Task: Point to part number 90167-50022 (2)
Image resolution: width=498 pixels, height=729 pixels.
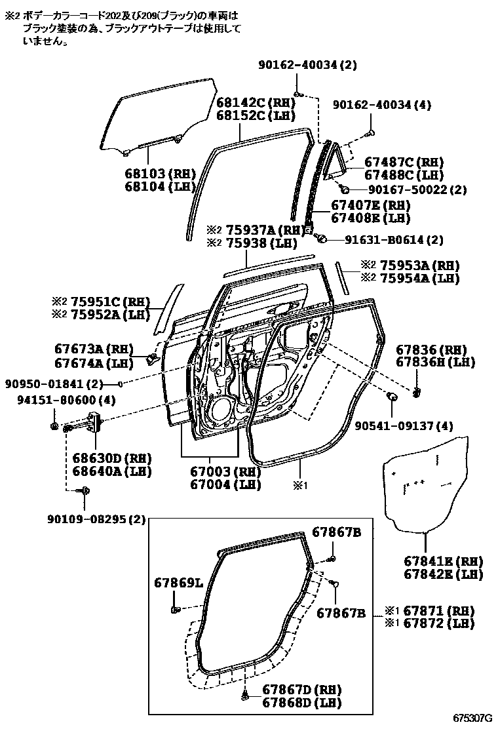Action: (x=417, y=189)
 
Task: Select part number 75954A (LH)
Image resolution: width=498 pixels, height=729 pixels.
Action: (x=420, y=279)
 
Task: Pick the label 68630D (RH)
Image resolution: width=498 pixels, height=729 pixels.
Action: (x=103, y=458)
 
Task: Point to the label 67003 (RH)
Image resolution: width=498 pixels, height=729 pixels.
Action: (x=225, y=472)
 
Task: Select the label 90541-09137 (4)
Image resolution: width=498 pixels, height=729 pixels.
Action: (x=404, y=425)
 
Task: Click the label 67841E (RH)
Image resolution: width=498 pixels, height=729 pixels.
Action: (x=443, y=561)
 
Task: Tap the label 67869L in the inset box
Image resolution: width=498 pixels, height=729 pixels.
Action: (x=179, y=582)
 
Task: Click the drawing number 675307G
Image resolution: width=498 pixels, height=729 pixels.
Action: (x=472, y=717)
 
